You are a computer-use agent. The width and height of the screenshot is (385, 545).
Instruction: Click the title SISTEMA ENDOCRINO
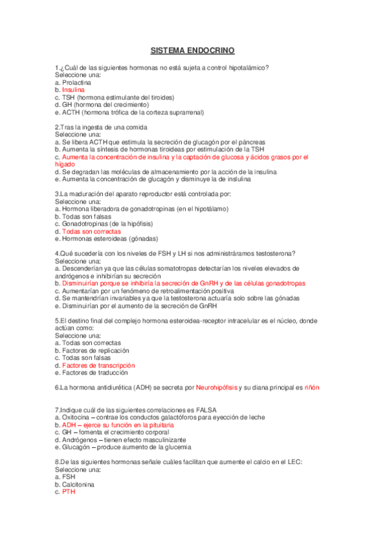192,49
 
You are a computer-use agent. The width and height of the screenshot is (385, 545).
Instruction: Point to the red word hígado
65,165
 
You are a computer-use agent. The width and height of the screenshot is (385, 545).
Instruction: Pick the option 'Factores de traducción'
91,372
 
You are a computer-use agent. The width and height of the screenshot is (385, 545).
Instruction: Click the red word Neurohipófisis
216,388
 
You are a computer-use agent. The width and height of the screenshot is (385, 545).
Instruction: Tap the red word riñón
311,388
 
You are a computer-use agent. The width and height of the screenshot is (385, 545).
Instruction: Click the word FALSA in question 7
206,409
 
